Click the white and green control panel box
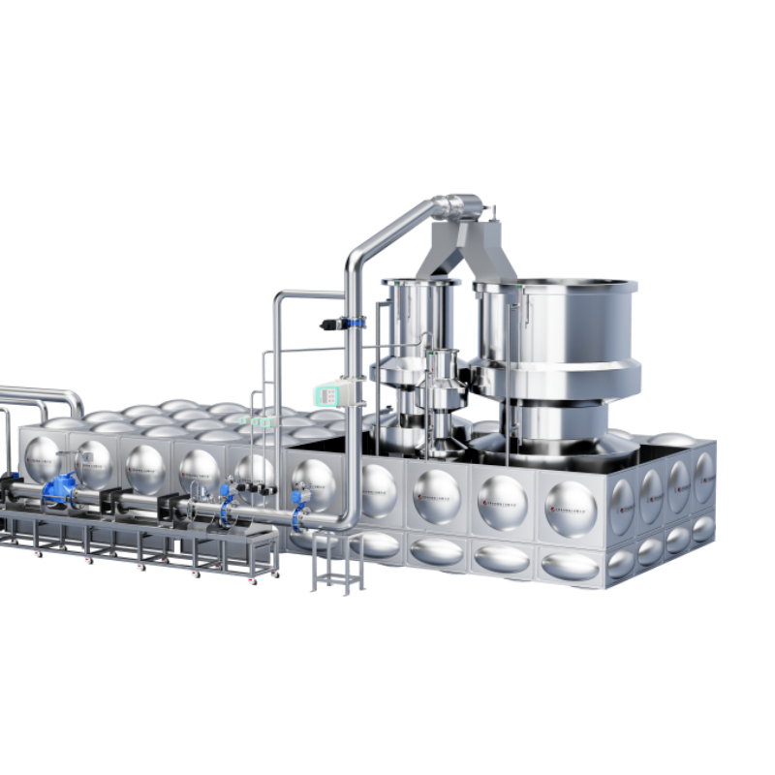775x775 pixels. click(x=328, y=393)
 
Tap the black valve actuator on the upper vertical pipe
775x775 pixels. click(x=333, y=324)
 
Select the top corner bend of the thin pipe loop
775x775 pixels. click(x=281, y=296)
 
